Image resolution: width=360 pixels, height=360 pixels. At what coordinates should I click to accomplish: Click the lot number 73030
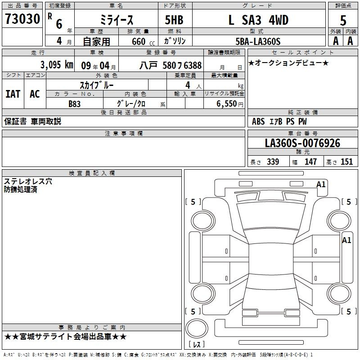tap(22, 18)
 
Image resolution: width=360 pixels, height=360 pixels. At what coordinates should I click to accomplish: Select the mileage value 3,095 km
tap(57, 65)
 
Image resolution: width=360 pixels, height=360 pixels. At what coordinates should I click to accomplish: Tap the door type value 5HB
tap(174, 20)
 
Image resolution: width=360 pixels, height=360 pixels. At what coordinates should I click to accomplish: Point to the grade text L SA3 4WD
tap(258, 20)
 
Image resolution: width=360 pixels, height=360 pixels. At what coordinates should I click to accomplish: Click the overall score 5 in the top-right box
tap(343, 20)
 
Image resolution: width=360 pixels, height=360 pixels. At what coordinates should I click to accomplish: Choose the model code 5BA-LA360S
tap(258, 41)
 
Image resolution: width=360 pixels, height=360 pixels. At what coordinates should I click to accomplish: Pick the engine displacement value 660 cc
tap(143, 41)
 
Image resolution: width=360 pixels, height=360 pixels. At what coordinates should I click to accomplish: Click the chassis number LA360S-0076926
tap(302, 143)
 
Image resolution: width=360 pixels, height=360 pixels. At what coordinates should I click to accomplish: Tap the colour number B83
tap(75, 104)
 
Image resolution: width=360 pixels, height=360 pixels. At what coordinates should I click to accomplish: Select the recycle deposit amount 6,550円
tap(230, 104)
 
